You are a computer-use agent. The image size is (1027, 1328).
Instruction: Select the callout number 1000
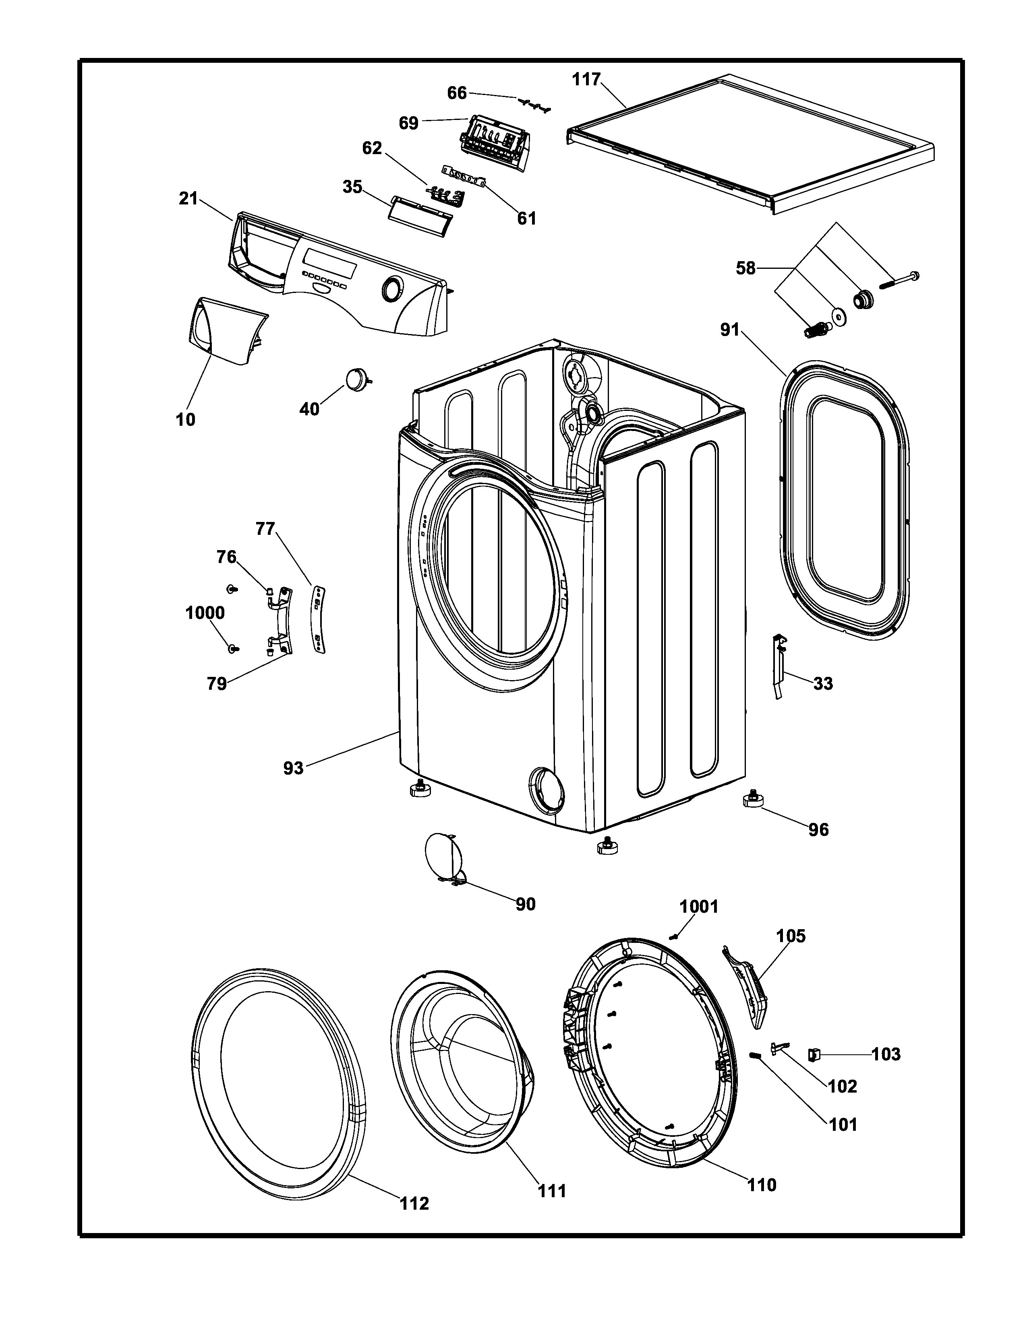coord(205,613)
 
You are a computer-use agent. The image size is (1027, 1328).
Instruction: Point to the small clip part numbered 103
coord(812,1054)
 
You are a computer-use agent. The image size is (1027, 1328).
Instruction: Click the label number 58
coord(745,268)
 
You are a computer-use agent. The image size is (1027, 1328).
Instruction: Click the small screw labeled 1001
coord(673,937)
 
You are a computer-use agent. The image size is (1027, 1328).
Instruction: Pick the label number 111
coord(551,1191)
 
